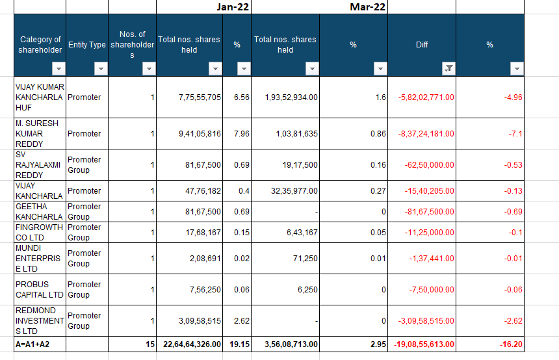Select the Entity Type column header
tap(87, 45)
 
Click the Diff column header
tap(422, 45)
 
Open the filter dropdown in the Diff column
tap(448, 68)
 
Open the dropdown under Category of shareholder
tap(58, 68)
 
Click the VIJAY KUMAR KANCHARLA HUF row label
tap(40, 97)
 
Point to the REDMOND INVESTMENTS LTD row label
tap(40, 321)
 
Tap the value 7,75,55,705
tap(200, 97)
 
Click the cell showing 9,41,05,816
tap(200, 134)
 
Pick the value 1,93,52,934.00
tap(291, 97)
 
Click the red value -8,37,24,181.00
tap(426, 134)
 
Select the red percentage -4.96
tap(513, 97)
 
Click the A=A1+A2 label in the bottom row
tap(32, 344)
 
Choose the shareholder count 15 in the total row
tap(149, 344)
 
